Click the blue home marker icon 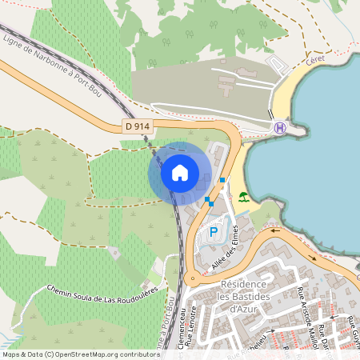point(180,173)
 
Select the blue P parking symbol point(213,232)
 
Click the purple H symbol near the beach point(279,127)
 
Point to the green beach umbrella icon point(243,196)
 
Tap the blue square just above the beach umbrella point(222,180)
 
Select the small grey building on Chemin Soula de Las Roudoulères point(114,253)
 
